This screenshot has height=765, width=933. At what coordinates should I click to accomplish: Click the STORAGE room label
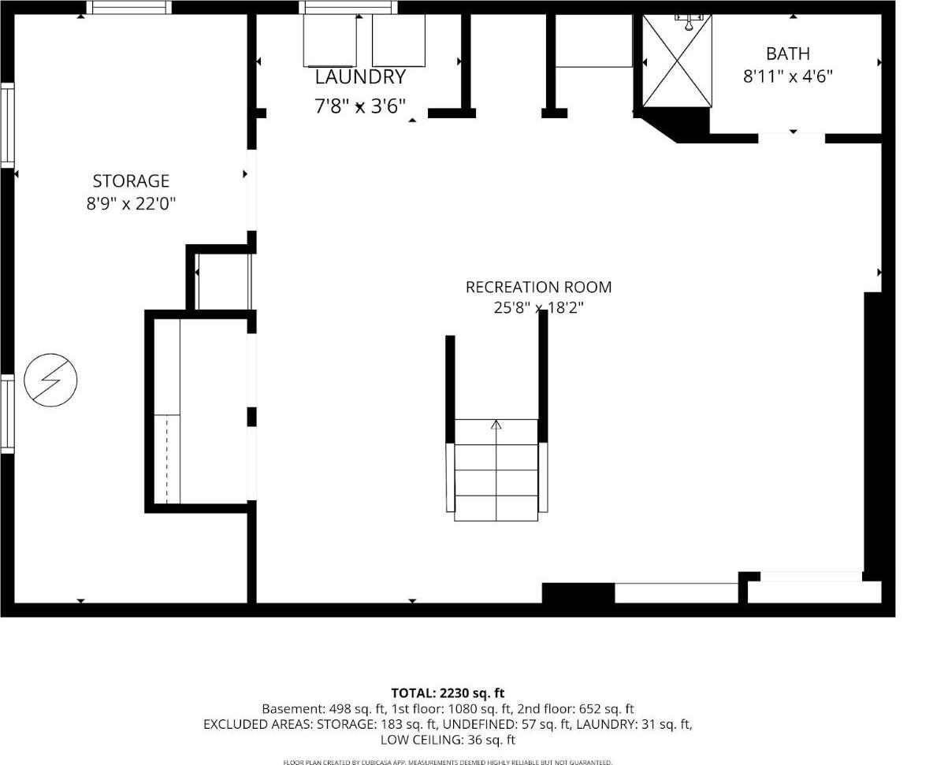pyautogui.click(x=131, y=181)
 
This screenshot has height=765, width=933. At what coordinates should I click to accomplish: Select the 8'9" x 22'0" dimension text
pyautogui.click(x=131, y=204)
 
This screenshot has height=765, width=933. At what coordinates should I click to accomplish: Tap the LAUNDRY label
pyautogui.click(x=360, y=76)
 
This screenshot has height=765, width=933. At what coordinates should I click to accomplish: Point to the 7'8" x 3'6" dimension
pyautogui.click(x=360, y=106)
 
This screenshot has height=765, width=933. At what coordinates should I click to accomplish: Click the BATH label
pyautogui.click(x=788, y=54)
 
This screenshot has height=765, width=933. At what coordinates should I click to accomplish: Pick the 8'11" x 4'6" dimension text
pyautogui.click(x=788, y=76)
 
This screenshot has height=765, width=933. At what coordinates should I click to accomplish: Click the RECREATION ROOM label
pyautogui.click(x=538, y=287)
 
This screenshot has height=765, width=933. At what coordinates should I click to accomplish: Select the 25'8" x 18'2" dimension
pyautogui.click(x=538, y=308)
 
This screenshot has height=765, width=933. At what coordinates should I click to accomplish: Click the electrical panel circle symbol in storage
pyautogui.click(x=50, y=381)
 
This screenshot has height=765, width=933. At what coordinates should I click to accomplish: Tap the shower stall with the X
pyautogui.click(x=677, y=61)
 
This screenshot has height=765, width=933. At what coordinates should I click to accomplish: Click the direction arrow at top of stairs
pyautogui.click(x=496, y=425)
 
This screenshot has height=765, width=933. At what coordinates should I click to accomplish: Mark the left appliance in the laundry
pyautogui.click(x=330, y=40)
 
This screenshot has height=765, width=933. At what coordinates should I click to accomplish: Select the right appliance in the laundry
pyautogui.click(x=399, y=40)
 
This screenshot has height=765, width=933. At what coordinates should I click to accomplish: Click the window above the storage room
pyautogui.click(x=129, y=7)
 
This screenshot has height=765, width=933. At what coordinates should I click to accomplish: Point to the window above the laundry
pyautogui.click(x=348, y=7)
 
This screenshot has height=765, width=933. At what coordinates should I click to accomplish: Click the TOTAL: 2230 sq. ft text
pyautogui.click(x=448, y=693)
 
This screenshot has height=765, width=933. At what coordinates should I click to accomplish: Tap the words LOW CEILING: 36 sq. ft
pyautogui.click(x=448, y=740)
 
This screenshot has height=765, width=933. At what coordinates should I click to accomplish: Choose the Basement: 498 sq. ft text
pyautogui.click(x=325, y=709)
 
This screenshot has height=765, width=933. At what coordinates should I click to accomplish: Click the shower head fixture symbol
pyautogui.click(x=689, y=23)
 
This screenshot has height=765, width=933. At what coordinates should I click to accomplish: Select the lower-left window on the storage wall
pyautogui.click(x=7, y=414)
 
